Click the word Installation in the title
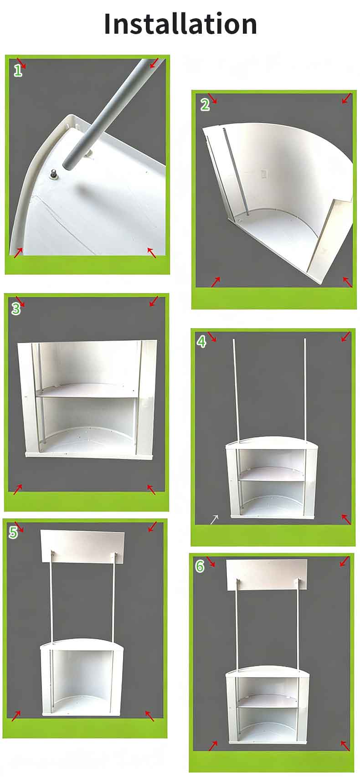[x=180, y=23]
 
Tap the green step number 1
[x=18, y=71]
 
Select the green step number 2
[x=205, y=104]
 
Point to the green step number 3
[x=16, y=308]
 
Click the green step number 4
[x=201, y=342]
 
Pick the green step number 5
[x=13, y=532]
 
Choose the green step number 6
[x=200, y=566]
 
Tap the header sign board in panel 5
[x=82, y=547]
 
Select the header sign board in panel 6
[x=267, y=575]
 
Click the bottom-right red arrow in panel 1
[x=151, y=252]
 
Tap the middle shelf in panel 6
[x=268, y=701]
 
